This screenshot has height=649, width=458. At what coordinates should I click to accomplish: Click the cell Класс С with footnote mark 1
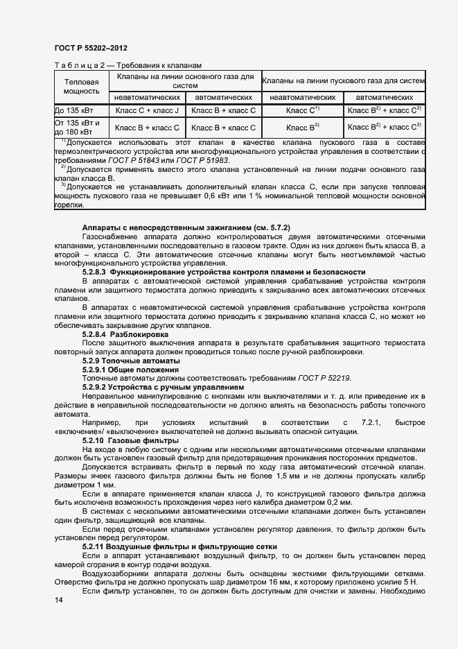tap(302, 110)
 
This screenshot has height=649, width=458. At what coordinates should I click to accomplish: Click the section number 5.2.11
tap(94, 547)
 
